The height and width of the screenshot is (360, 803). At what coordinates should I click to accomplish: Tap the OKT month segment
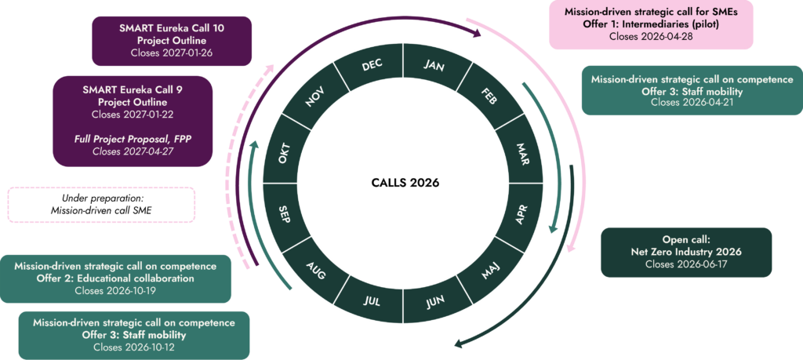pyautogui.click(x=286, y=150)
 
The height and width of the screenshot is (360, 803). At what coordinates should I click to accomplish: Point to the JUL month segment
pyautogui.click(x=372, y=300)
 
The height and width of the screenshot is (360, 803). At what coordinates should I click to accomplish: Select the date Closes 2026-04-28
pyautogui.click(x=651, y=36)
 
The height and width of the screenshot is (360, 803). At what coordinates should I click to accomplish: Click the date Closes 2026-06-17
pyautogui.click(x=686, y=264)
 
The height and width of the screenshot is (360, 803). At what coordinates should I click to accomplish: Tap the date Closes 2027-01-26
pyautogui.click(x=172, y=53)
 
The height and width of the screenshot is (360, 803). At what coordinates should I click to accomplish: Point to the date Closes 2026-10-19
pyautogui.click(x=115, y=290)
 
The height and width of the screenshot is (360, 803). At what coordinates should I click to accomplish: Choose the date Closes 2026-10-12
pyautogui.click(x=133, y=347)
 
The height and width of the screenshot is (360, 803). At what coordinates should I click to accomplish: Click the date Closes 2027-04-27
pyautogui.click(x=133, y=151)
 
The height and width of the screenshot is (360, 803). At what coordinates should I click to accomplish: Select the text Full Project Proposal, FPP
pyautogui.click(x=133, y=139)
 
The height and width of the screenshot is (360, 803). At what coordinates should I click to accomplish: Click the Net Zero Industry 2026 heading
pyautogui.click(x=686, y=252)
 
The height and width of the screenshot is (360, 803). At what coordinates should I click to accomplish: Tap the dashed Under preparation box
pyautogui.click(x=101, y=205)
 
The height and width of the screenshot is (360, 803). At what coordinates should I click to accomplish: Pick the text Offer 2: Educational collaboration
pyautogui.click(x=115, y=278)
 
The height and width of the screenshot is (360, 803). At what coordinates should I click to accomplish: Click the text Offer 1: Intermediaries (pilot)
pyautogui.click(x=651, y=24)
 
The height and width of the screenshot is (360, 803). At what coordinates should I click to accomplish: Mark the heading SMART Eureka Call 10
pyautogui.click(x=172, y=28)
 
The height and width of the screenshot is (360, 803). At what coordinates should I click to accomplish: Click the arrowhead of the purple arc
pyautogui.click(x=477, y=34)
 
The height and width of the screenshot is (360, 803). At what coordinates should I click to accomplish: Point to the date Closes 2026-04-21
pyautogui.click(x=692, y=102)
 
